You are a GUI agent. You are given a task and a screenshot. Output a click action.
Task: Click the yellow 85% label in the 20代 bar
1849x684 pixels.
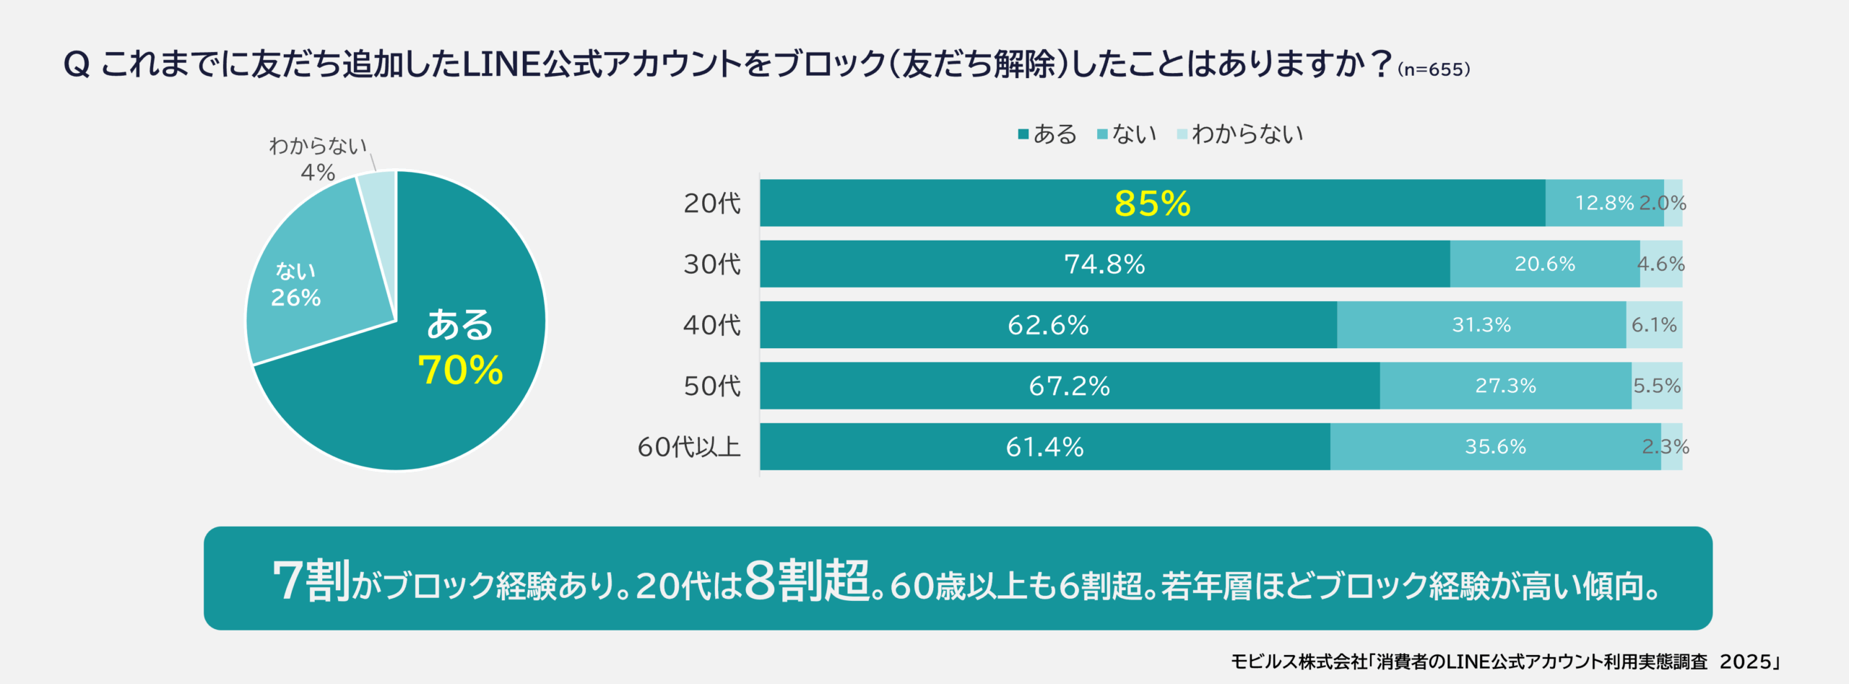tap(1152, 203)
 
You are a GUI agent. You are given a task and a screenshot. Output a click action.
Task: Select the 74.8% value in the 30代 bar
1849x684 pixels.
tap(1104, 264)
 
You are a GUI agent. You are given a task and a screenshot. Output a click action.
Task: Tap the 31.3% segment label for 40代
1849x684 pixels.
tap(1481, 325)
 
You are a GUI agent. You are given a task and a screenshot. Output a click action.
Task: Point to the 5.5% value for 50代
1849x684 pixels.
tap(1657, 386)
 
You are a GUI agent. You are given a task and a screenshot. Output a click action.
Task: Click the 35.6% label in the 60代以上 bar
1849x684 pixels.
tap(1495, 446)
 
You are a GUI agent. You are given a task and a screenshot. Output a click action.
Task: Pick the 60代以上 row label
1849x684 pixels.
tap(688, 447)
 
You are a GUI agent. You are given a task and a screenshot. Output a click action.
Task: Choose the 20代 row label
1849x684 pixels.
tap(711, 204)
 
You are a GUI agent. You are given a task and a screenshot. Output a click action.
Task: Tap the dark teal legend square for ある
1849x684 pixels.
tap(1023, 134)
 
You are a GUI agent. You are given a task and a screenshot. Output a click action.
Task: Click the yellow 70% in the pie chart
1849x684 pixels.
tap(460, 371)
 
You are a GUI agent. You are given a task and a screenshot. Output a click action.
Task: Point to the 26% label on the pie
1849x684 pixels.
tap(295, 298)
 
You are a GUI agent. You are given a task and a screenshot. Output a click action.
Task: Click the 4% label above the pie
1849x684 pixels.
tap(318, 173)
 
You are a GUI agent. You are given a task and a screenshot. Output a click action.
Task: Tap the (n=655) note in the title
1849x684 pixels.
tap(1434, 70)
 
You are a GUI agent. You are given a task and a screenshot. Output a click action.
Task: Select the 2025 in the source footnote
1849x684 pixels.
tap(1745, 662)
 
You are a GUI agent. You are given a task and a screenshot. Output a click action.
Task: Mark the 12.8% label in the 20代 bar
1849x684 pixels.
tap(1603, 203)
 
